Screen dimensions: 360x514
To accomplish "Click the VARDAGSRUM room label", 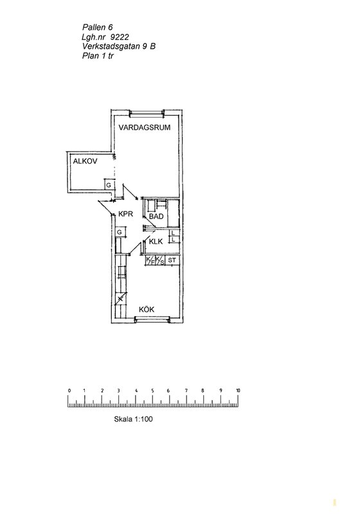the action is coord(145,127).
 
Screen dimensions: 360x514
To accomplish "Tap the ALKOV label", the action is coord(85,161).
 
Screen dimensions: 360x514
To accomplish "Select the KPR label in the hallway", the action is coord(125,214).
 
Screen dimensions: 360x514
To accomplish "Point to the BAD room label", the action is coord(156,217).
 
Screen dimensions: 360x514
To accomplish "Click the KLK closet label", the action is coord(156,242).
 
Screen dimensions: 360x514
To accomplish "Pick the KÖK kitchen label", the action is coord(147,310).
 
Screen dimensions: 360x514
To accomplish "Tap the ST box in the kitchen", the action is coord(172,260).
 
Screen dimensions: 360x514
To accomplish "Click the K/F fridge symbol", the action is coord(150,260).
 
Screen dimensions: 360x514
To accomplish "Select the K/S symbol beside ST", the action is coord(160,260).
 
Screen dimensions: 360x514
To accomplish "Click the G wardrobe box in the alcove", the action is coord(109,185).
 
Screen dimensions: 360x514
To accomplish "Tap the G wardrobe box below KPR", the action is coord(120,232).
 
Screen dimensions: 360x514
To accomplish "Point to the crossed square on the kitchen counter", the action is coord(122,298).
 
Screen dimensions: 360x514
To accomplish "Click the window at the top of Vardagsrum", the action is coord(147,114).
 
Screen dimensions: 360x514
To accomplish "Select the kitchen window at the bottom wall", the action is coord(153,319).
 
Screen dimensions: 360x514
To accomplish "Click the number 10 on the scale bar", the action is coord(238,391).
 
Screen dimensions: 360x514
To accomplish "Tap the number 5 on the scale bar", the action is coord(152,391).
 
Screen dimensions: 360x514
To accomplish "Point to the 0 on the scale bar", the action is coord(69,391).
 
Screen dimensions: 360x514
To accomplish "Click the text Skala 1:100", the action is coord(134,419).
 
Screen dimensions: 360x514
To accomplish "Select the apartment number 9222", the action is coord(120,37).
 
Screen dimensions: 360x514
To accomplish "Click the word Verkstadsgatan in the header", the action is coord(111,46).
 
